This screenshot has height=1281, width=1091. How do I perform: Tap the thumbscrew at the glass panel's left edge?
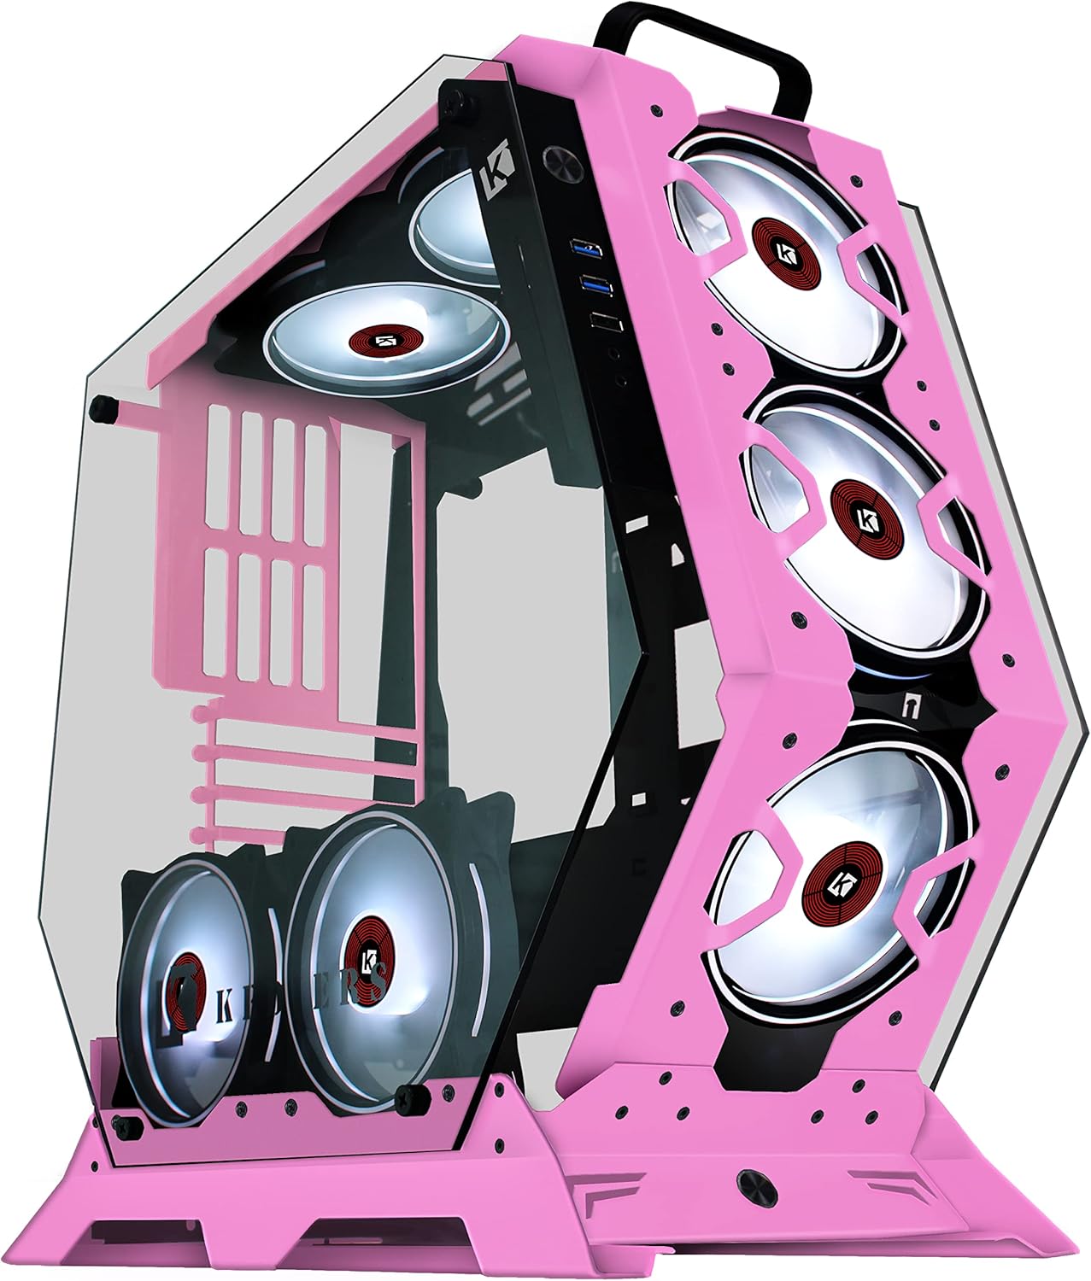pos(105,408)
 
